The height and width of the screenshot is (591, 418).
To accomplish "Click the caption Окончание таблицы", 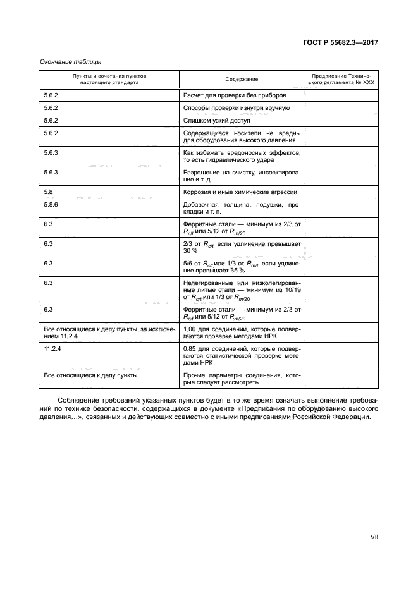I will pos(71,62).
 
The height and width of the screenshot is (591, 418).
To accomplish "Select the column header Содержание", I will pos(242,79).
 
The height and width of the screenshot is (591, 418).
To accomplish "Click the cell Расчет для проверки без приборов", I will pos(235,95).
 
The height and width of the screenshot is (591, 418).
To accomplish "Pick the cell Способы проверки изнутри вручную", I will pos(236,107).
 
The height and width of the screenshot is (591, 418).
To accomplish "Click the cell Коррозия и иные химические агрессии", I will pos(240,192).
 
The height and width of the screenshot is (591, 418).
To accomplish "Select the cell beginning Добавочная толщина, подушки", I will pos(242,209).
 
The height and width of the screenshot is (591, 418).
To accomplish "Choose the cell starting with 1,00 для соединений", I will pos(242,334).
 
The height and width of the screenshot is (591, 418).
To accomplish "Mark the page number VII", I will pos(374,537).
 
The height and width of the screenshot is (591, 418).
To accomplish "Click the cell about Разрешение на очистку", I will pos(242,176).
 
